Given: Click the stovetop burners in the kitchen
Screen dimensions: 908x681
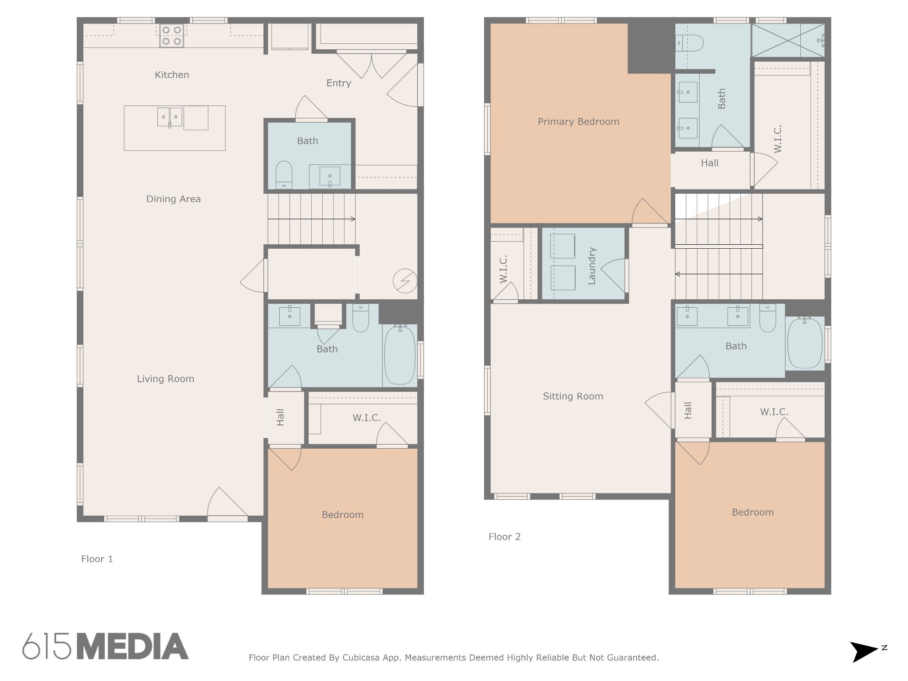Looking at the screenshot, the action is click(x=172, y=36).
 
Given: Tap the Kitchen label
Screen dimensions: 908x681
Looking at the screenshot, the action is click(x=172, y=75).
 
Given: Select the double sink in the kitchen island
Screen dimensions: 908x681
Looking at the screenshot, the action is click(x=170, y=117).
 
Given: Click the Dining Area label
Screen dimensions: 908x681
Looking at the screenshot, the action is click(x=173, y=199).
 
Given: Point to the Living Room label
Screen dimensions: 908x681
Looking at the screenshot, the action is click(x=165, y=379).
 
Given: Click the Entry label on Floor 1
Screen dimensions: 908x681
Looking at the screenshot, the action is click(x=339, y=83).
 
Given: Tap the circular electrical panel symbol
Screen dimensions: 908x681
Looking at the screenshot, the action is click(x=405, y=281).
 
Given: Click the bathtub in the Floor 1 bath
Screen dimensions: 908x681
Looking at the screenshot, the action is click(x=399, y=355).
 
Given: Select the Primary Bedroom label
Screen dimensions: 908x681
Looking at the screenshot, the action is click(x=579, y=121).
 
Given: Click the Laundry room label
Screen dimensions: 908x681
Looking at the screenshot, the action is click(x=591, y=266).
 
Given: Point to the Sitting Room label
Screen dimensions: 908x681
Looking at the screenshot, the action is click(x=573, y=396).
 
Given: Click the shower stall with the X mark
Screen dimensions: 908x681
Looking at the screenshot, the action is click(x=788, y=40).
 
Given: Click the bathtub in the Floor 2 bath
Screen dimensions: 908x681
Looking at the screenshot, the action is click(x=805, y=343).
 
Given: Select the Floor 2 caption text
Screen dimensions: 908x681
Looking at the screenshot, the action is click(x=505, y=537).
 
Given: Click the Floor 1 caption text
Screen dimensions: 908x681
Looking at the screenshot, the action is click(x=97, y=559).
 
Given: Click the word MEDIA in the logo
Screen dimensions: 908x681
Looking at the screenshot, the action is click(x=133, y=646).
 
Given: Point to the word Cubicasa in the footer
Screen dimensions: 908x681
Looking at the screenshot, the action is click(x=361, y=658).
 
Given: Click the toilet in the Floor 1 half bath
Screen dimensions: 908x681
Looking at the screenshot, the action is click(x=284, y=175).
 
